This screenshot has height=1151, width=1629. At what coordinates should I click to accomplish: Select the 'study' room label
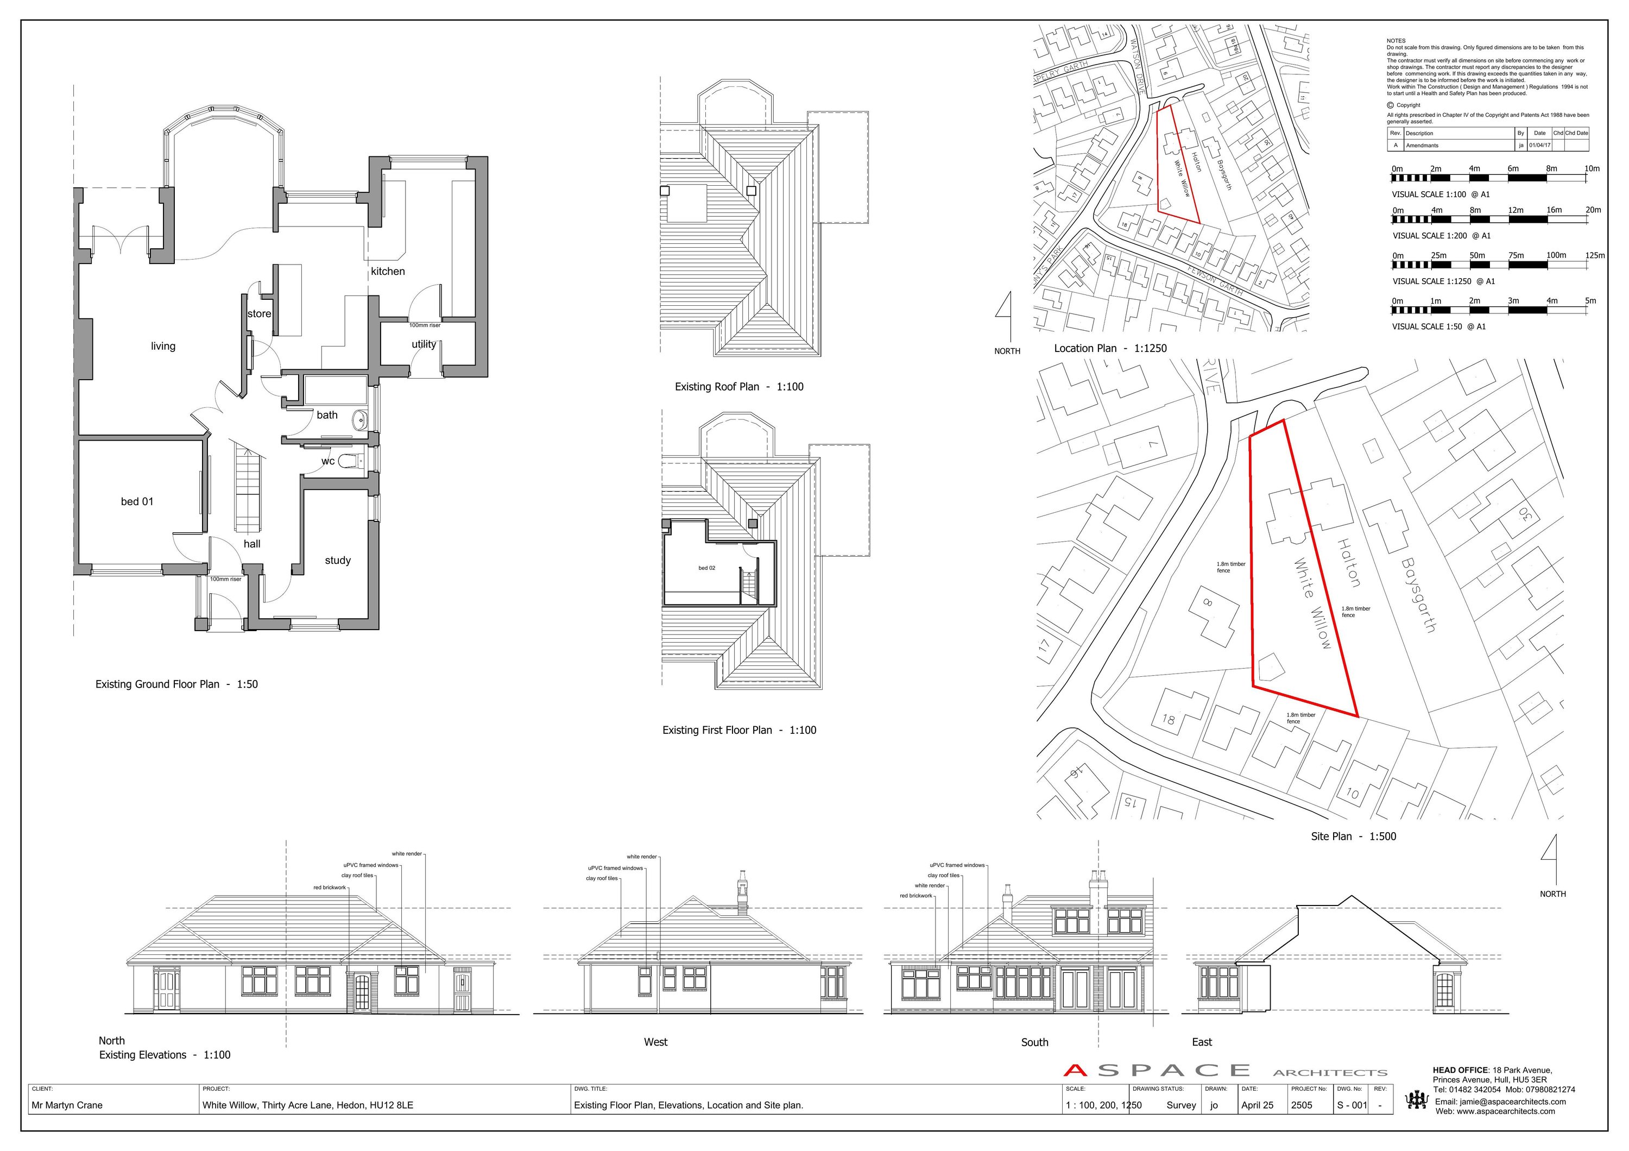point(338,560)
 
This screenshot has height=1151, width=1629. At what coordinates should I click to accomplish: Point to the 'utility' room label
point(424,344)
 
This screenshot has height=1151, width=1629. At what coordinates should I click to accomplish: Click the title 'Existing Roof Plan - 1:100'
point(738,387)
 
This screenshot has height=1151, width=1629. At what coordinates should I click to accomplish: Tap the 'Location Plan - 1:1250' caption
point(1110,348)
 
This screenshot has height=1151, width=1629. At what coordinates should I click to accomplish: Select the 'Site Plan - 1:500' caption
point(1353,836)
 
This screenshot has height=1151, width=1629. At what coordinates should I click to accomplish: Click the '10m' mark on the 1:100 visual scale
point(1592,169)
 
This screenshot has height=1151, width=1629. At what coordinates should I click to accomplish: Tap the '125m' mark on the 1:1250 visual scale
point(1595,255)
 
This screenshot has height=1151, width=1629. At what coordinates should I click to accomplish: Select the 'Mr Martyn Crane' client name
point(67,1105)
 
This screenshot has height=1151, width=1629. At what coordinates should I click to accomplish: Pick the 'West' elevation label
point(655,1042)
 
